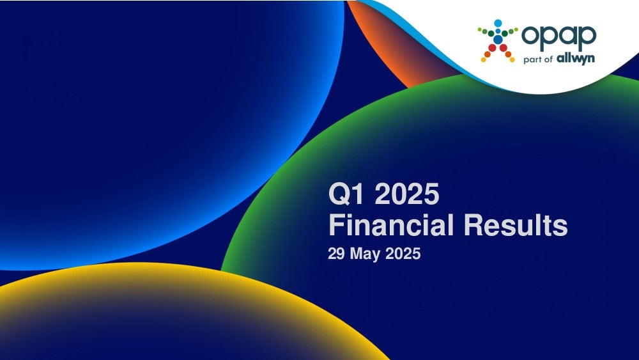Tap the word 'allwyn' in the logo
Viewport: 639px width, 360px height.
(x=576, y=58)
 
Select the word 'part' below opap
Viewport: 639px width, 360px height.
(x=532, y=59)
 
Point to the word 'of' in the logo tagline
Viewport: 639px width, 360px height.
(x=548, y=59)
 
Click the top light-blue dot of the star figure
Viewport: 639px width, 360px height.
(x=498, y=23)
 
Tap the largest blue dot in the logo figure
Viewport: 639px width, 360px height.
(x=498, y=39)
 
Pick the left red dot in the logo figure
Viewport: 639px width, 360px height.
(x=492, y=48)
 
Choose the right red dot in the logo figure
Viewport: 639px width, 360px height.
(x=504, y=48)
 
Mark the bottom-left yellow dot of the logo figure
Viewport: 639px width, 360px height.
(x=483, y=60)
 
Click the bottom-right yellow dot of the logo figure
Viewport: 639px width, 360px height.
(x=512, y=60)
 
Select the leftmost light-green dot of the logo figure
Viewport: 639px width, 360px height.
(x=480, y=29)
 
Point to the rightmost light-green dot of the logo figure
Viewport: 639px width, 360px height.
(x=516, y=29)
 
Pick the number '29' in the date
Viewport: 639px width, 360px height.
(x=337, y=254)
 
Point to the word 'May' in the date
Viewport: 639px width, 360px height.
(x=365, y=254)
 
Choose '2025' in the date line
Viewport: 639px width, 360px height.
(x=403, y=254)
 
